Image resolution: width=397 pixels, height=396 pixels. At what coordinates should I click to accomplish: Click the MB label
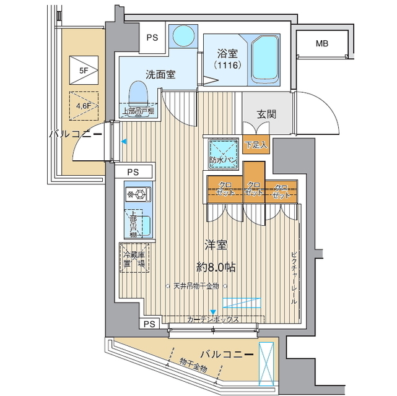(321, 43)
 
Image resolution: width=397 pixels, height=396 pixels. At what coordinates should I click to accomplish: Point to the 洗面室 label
(160, 74)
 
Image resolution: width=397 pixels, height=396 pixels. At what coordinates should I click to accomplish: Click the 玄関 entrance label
(266, 114)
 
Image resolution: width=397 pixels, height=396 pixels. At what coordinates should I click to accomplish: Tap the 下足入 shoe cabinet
(255, 146)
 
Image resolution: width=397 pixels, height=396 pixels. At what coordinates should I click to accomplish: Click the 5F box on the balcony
(82, 69)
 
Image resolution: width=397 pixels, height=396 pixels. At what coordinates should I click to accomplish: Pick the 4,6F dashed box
(82, 105)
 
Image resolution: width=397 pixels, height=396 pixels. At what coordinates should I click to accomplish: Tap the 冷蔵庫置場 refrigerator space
(134, 258)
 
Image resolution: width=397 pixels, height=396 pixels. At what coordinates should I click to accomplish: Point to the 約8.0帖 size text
(216, 267)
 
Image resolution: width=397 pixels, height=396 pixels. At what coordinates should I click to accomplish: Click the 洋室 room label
(216, 245)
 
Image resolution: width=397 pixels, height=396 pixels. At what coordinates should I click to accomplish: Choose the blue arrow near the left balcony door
(124, 142)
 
